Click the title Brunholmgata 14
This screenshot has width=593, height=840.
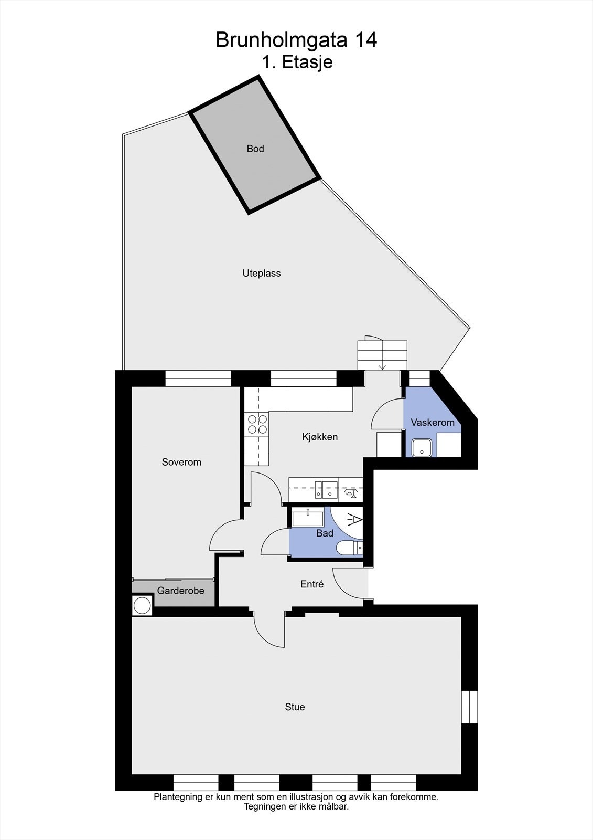(296, 40)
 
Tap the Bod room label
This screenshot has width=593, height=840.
(255, 149)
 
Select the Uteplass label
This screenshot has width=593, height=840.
(262, 273)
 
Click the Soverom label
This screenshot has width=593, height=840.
(181, 462)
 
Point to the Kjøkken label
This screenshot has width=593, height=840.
(320, 437)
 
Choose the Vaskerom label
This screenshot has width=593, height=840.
(433, 422)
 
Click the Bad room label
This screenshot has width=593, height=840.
(325, 533)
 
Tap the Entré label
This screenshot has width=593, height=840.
(312, 584)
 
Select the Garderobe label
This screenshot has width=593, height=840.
(180, 591)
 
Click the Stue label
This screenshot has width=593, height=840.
(295, 707)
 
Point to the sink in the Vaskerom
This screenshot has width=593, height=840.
(422, 448)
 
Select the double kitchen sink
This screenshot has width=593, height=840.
(326, 490)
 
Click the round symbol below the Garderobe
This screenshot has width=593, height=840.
(142, 605)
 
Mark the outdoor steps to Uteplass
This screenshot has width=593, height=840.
(382, 355)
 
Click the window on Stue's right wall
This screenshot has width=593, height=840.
(469, 707)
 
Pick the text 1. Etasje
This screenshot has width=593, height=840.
(297, 62)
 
